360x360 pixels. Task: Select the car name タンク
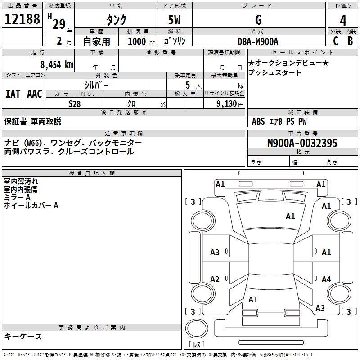[116, 20]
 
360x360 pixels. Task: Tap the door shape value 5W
[175, 20]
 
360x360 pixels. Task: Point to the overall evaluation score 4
[343, 20]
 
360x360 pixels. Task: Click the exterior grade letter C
[335, 40]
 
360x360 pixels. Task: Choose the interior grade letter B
[350, 40]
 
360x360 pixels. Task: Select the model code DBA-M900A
[258, 41]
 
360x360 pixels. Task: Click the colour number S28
[74, 103]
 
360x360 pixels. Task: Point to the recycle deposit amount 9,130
[229, 103]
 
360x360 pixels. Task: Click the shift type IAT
[13, 94]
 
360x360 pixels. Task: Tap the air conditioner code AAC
[34, 94]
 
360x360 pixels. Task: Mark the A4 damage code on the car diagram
[326, 279]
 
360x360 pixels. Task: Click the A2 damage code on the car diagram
[215, 279]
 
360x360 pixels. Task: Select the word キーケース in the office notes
[23, 336]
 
